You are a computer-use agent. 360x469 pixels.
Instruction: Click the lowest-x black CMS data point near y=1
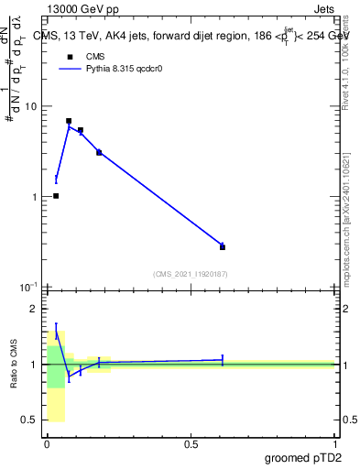[x=56, y=196]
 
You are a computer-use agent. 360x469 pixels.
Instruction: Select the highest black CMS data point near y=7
[x=69, y=121]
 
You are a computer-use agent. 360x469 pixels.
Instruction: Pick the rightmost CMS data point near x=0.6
[x=223, y=246]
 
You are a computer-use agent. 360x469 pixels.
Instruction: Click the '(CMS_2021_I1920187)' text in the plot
[x=190, y=274]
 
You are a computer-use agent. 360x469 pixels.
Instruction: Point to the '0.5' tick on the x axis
[x=191, y=443]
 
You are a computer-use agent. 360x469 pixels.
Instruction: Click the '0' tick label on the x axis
[x=47, y=443]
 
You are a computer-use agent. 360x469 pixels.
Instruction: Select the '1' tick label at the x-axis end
[x=334, y=443]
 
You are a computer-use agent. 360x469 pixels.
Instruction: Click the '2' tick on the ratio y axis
[x=34, y=309]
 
